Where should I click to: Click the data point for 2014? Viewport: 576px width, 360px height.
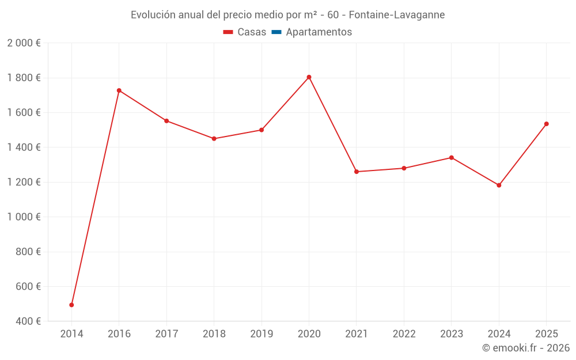click(x=71, y=305)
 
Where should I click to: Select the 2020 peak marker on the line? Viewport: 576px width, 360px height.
click(x=309, y=77)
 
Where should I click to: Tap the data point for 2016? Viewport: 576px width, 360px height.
click(x=119, y=90)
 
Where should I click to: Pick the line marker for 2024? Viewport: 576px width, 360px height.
click(x=499, y=185)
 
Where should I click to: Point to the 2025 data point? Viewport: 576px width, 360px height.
click(x=546, y=124)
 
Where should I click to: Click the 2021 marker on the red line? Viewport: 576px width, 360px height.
click(x=357, y=172)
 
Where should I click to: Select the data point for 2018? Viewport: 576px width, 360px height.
click(x=214, y=139)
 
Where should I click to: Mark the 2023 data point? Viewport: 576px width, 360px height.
click(x=452, y=158)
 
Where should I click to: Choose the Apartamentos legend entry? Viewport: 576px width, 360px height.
click(x=319, y=32)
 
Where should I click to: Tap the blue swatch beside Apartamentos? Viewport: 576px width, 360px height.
click(x=276, y=32)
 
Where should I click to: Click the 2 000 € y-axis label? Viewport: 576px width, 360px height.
click(x=24, y=43)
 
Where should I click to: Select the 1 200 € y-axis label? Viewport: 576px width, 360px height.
click(x=24, y=182)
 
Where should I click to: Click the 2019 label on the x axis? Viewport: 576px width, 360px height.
click(x=262, y=334)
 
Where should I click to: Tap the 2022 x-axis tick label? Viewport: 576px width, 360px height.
click(x=404, y=334)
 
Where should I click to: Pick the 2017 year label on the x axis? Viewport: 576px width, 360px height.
click(x=166, y=334)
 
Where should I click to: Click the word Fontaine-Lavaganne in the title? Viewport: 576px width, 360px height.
click(x=397, y=15)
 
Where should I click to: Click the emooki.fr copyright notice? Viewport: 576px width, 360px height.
click(x=526, y=348)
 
